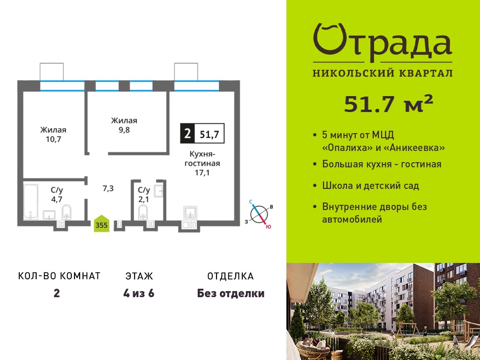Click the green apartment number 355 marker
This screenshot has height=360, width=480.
(101, 224)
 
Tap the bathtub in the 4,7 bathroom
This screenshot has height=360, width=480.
(31, 202)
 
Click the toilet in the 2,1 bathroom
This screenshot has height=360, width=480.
(142, 212)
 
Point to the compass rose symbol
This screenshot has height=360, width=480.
(259, 214)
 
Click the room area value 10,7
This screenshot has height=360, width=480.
(53, 140)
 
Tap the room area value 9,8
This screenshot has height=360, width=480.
(124, 130)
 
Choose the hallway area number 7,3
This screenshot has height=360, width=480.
(108, 188)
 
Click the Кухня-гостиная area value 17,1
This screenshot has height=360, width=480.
(202, 173)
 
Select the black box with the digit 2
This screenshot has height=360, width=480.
(187, 134)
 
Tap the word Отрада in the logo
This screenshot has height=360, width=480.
(382, 43)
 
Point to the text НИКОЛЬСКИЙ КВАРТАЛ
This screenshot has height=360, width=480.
(382, 73)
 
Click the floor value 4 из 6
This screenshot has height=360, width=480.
(139, 293)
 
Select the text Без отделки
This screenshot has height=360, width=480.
(231, 293)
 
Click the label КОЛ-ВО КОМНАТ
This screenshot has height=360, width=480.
(60, 276)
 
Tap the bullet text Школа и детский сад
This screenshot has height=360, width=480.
(371, 186)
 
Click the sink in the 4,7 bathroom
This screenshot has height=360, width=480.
(49, 215)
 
